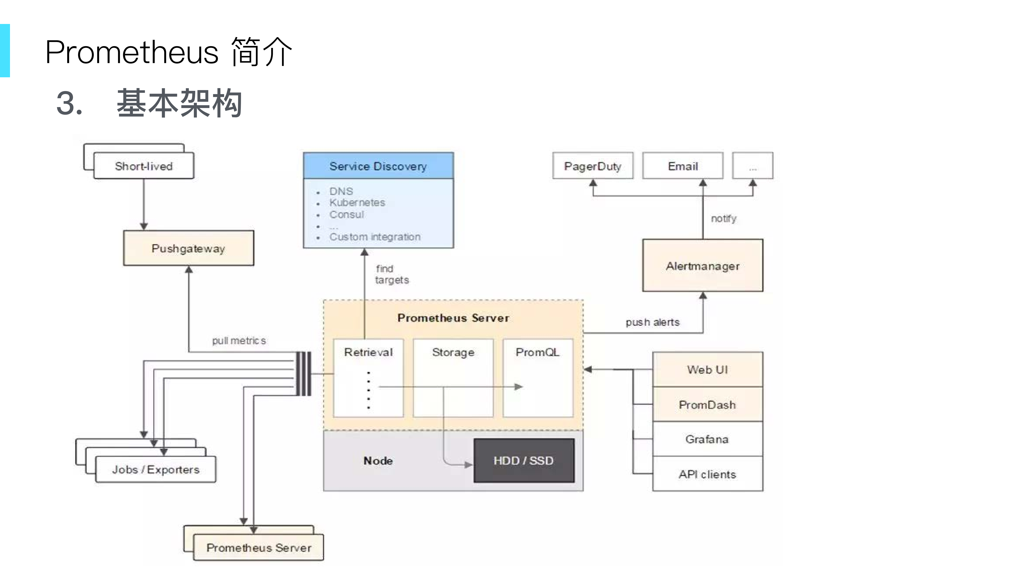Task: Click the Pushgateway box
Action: coord(188,248)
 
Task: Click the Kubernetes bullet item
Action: coord(357,203)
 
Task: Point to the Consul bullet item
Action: coord(346,215)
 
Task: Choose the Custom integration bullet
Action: coord(375,237)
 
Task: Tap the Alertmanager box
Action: coord(702,266)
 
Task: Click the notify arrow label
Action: coord(723,219)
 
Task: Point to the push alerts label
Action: coord(652,322)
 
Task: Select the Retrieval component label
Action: coord(368,352)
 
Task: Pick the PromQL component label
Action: coord(537,352)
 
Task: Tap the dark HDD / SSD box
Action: coord(523,461)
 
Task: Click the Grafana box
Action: coord(707,439)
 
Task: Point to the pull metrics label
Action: coord(239,341)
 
